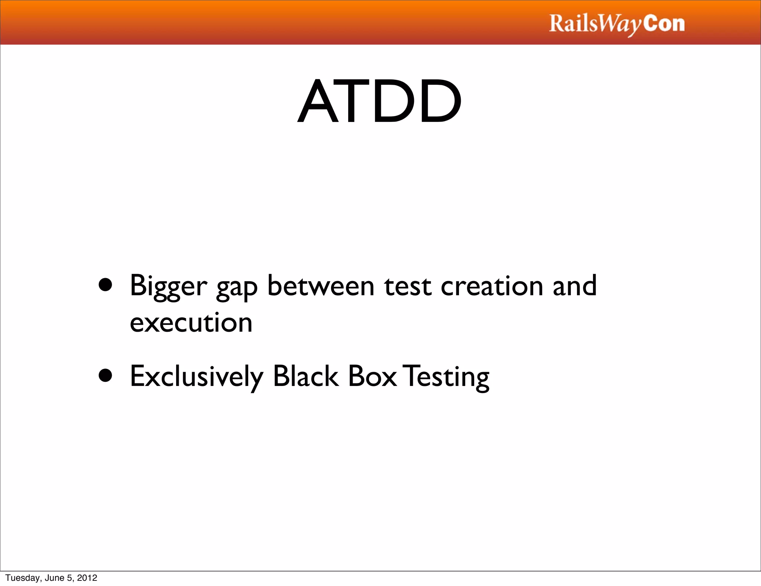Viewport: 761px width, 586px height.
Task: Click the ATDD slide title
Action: coord(380,101)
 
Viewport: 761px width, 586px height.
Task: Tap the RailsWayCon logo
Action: coord(616,24)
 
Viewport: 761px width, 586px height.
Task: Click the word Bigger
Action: coord(168,286)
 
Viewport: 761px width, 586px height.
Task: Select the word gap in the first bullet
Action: coord(237,287)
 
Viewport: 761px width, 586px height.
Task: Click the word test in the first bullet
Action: coord(408,286)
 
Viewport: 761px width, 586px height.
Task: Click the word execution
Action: coord(191,322)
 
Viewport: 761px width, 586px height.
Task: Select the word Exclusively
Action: coord(197,376)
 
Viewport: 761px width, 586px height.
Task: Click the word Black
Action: coord(305,376)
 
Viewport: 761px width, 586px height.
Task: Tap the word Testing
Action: coord(447,377)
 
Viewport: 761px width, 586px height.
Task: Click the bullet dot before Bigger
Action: coord(106,285)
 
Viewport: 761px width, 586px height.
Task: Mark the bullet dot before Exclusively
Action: coord(106,376)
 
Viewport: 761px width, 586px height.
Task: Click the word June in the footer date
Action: coord(54,578)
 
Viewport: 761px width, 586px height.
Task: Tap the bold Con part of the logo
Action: coord(664,24)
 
